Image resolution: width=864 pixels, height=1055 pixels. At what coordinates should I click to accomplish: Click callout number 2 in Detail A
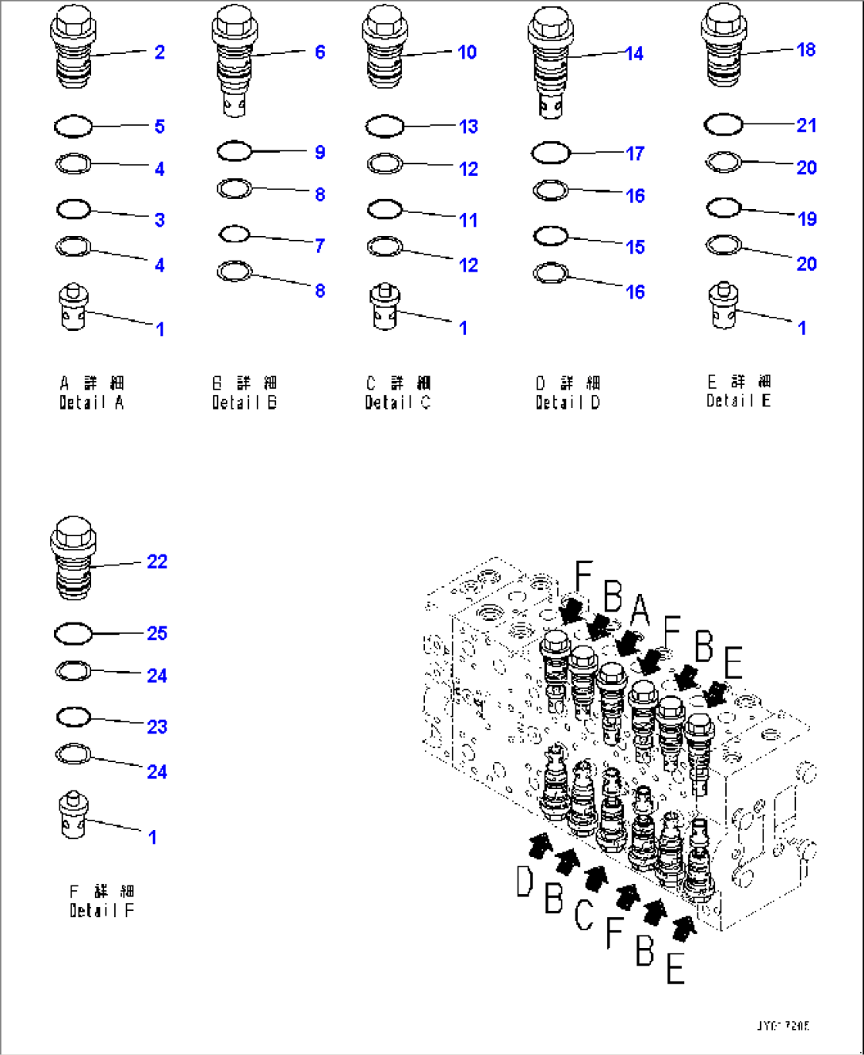click(x=159, y=52)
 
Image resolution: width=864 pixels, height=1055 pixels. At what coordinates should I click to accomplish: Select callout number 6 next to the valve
click(x=319, y=52)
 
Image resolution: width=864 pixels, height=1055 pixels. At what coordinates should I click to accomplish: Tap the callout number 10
click(x=467, y=52)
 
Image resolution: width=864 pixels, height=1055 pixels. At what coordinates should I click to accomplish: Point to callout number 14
click(x=634, y=54)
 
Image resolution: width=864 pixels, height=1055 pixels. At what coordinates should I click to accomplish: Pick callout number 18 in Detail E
click(x=805, y=50)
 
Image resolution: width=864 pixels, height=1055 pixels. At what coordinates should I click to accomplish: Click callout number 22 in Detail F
click(x=157, y=562)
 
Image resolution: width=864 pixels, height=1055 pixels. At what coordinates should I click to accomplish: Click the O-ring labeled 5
click(x=73, y=126)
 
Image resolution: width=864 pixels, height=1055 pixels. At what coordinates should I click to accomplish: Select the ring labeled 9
click(x=235, y=150)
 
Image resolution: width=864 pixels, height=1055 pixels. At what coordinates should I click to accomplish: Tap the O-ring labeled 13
click(x=385, y=126)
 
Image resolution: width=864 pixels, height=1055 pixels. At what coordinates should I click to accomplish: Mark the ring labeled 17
click(x=551, y=152)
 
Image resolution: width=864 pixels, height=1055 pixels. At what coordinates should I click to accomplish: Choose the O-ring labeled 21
click(x=723, y=124)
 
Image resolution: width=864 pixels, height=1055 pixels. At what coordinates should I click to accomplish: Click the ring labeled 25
click(x=73, y=634)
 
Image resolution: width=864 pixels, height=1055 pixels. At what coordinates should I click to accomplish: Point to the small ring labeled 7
click(x=235, y=234)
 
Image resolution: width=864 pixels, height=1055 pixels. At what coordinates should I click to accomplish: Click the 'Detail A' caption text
click(x=91, y=402)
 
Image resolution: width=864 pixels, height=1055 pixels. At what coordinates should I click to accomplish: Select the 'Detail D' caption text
click(x=568, y=402)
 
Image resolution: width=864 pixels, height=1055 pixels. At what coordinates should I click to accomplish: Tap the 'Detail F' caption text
click(x=101, y=910)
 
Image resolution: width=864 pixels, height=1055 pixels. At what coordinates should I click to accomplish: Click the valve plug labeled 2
click(x=73, y=49)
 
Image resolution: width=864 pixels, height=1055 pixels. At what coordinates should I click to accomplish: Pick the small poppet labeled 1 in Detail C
click(x=385, y=307)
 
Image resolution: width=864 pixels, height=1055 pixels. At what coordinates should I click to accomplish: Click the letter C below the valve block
click(x=583, y=915)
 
